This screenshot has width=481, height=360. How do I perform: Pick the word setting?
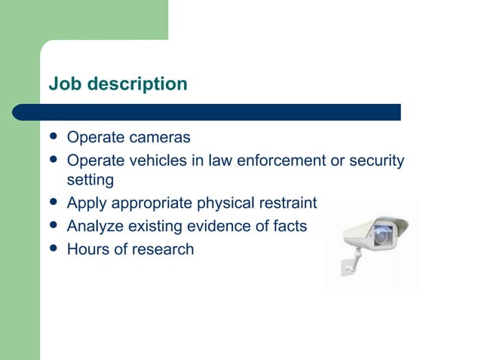[x=90, y=181]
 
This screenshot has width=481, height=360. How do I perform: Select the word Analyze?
[x=94, y=226]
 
